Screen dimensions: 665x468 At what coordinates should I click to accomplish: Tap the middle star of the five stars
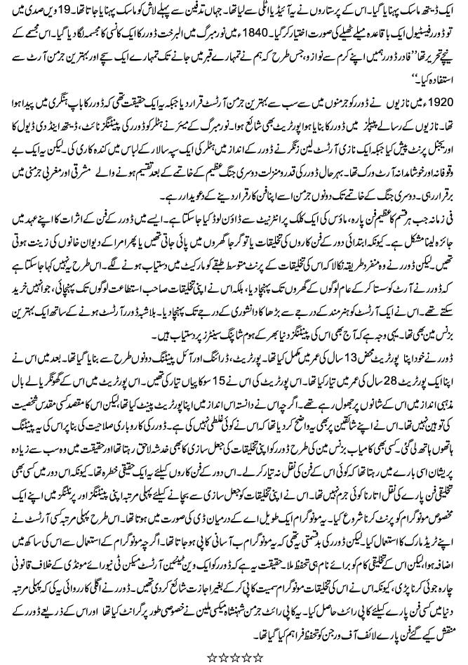[x=234, y=657]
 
